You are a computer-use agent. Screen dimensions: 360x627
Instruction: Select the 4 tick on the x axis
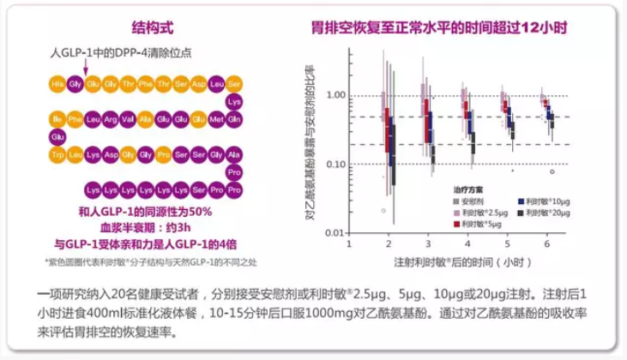click(467, 243)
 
